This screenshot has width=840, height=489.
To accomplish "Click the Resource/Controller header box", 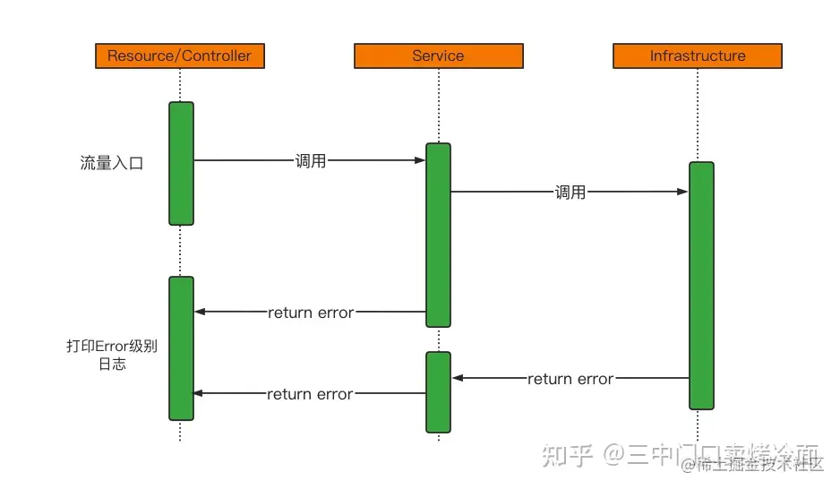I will [x=179, y=56].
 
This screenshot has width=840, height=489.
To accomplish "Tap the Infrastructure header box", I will [x=697, y=56].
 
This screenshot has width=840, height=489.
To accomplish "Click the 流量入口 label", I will [x=112, y=164].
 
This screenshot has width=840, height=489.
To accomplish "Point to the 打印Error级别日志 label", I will [x=112, y=356].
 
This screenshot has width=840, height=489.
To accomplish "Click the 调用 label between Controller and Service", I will [x=311, y=161].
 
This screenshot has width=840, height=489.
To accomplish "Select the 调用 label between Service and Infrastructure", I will [x=570, y=192].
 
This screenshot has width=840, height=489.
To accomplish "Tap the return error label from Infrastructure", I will [x=570, y=379].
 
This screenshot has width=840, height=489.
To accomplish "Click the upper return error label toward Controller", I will [x=311, y=313].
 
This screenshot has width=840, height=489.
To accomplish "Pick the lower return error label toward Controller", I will [x=310, y=394].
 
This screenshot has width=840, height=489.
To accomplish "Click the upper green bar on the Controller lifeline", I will [x=181, y=163].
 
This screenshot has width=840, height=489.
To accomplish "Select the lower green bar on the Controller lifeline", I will [x=181, y=347].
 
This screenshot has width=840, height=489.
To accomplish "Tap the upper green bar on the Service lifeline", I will [x=438, y=235].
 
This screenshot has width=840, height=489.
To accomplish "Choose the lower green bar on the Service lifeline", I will [x=438, y=391].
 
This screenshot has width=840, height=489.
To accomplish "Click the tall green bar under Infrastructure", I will [x=701, y=285].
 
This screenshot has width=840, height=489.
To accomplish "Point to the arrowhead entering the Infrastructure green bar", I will [x=682, y=192].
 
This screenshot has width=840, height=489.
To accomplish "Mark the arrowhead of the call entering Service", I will [x=419, y=161].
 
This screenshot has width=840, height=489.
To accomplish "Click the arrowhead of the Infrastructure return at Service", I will [x=458, y=379].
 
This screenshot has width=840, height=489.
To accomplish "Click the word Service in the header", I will [x=438, y=56].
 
